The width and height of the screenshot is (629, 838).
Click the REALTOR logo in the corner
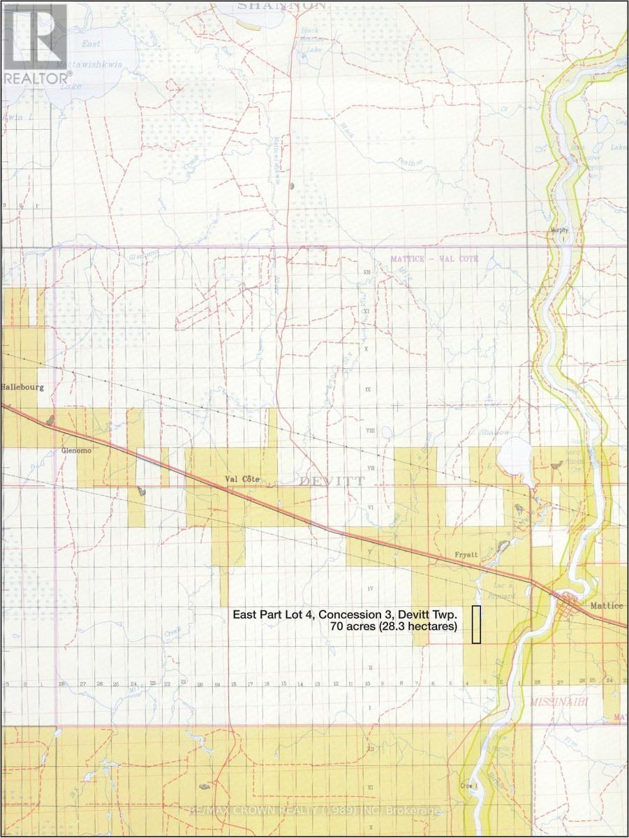point(35,43)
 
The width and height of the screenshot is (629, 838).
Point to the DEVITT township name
point(322,481)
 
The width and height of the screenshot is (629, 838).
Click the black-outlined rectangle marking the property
point(477,624)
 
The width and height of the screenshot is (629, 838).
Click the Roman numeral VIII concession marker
point(370,431)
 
